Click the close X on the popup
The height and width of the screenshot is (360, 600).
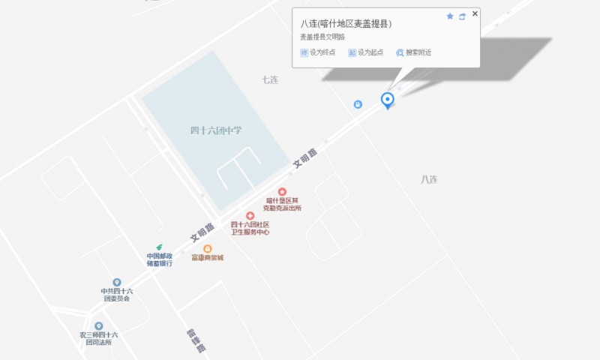click(475, 13)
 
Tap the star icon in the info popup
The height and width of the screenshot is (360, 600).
click(450, 16)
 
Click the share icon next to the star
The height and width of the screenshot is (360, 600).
click(462, 16)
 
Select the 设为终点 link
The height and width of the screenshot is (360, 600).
click(318, 52)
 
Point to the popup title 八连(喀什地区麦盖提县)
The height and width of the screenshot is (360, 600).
click(346, 23)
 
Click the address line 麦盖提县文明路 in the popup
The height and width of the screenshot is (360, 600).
click(322, 37)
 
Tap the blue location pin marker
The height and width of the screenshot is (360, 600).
click(387, 99)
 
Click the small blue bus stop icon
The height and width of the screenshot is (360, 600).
click(358, 104)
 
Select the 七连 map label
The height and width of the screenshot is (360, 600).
click(270, 79)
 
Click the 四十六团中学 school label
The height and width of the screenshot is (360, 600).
click(216, 130)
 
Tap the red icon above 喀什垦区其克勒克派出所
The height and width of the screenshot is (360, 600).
click(282, 192)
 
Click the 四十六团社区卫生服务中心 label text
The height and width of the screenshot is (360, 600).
click(250, 228)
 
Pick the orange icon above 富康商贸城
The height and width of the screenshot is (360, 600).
click(208, 248)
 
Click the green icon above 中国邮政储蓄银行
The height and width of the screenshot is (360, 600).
click(159, 247)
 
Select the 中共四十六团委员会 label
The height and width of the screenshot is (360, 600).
click(117, 295)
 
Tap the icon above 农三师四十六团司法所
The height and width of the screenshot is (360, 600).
click(98, 326)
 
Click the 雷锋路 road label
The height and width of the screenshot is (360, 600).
click(196, 340)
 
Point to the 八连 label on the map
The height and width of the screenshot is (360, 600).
click(429, 179)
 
